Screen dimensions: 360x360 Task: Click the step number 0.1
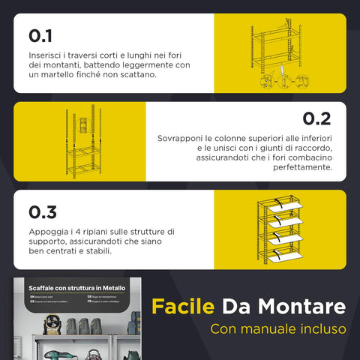point(40,36)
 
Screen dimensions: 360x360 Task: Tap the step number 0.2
point(316,118)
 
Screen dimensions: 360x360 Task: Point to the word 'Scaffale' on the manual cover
point(43,288)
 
